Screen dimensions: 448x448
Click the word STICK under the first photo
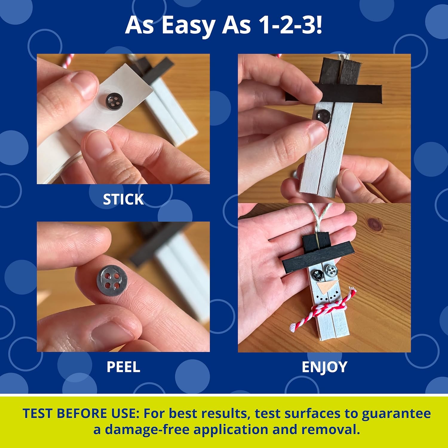click(123, 199)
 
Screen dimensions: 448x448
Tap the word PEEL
click(123, 367)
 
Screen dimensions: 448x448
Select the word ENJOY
click(324, 367)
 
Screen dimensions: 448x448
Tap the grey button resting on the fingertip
click(111, 281)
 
